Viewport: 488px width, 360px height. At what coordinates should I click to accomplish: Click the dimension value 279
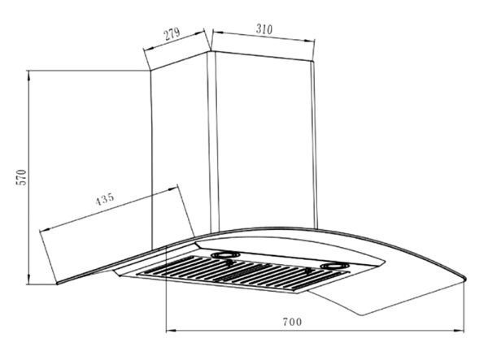(172, 34)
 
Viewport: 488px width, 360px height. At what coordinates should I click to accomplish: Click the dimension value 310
(264, 29)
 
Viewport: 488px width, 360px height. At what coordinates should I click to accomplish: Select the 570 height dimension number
(22, 177)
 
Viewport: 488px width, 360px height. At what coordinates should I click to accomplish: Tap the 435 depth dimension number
(105, 199)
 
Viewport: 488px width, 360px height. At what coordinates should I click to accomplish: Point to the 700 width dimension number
(292, 322)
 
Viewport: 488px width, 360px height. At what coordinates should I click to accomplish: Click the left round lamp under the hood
(225, 255)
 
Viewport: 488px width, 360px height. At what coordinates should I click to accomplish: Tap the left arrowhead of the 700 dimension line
(171, 330)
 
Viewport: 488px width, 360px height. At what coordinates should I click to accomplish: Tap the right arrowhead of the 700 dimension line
(460, 331)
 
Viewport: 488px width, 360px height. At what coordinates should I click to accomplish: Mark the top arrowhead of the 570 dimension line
(28, 76)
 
